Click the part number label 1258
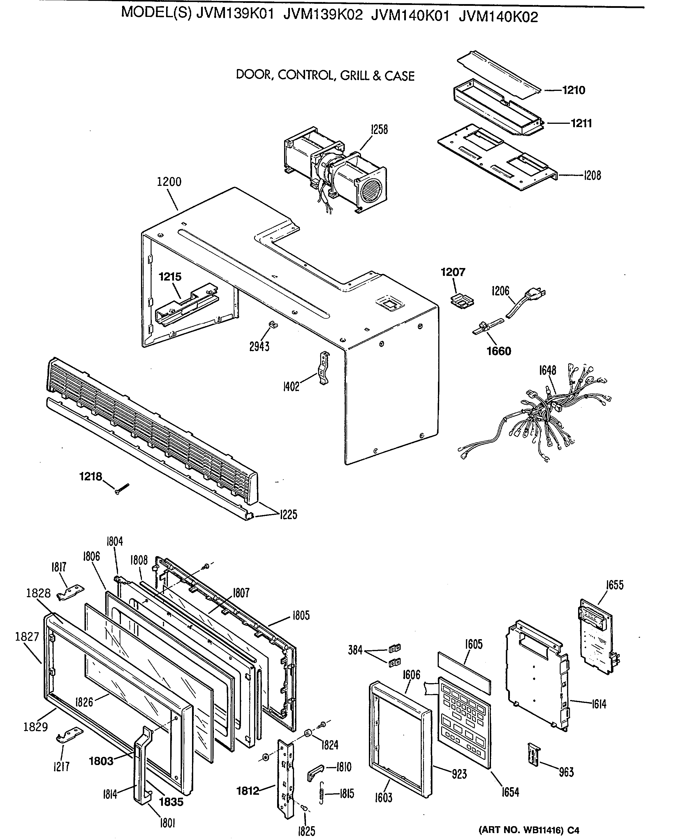(x=379, y=130)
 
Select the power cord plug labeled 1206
(x=535, y=295)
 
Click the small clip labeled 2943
(x=273, y=325)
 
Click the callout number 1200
(x=169, y=182)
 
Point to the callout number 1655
(x=615, y=585)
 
